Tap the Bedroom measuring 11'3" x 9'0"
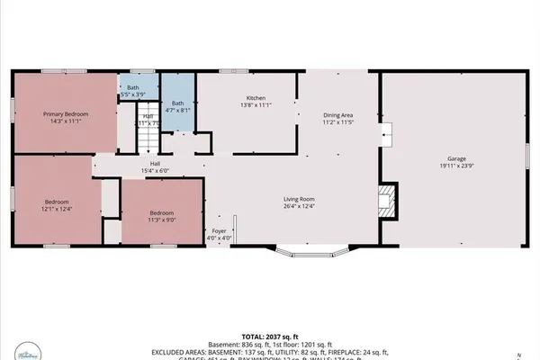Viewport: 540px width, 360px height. pos(163,214)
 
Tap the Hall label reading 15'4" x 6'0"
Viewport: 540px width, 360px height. pos(155,167)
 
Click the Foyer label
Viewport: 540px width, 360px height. pos(219,234)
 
